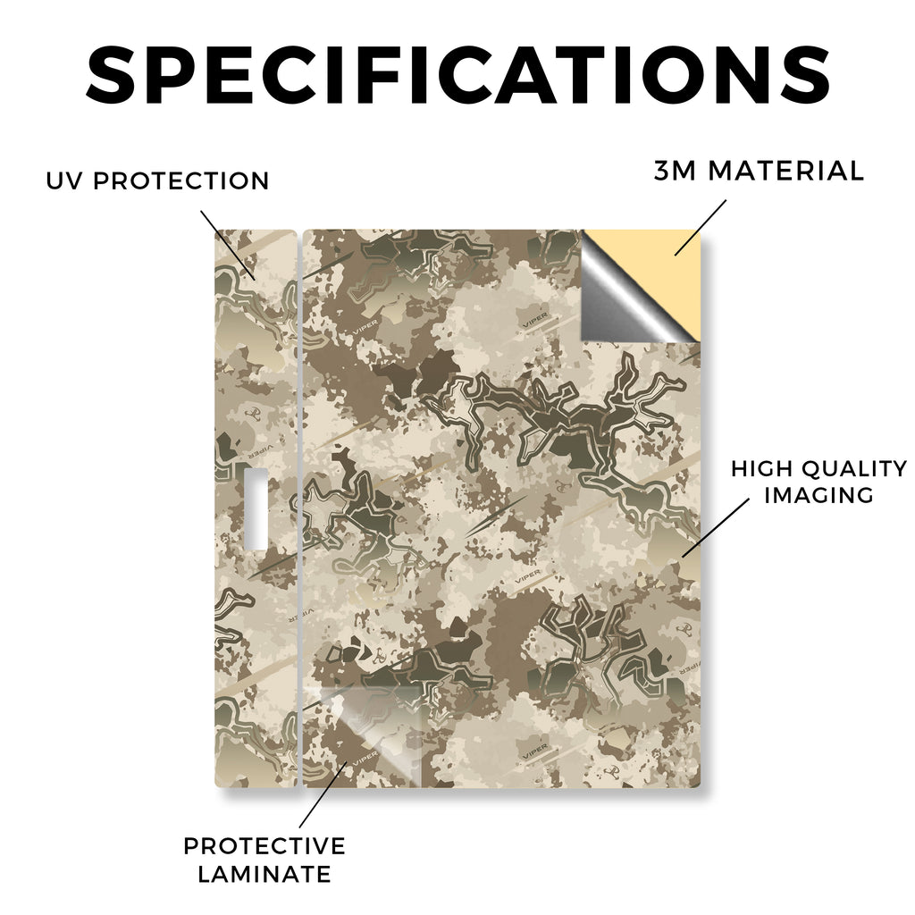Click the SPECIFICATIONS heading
tap(458, 75)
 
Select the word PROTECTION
tap(180, 180)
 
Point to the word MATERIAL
tap(785, 171)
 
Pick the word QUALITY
tap(855, 468)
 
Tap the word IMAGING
tap(818, 495)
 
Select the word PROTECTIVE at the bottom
tap(264, 846)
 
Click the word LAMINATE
tap(264, 874)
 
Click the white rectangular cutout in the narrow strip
tap(256, 508)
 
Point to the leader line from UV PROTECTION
tap(228, 245)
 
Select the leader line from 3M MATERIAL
tap(701, 228)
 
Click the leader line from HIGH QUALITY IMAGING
tap(716, 527)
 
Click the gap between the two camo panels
tap(300, 508)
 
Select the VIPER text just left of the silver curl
tap(535, 319)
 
